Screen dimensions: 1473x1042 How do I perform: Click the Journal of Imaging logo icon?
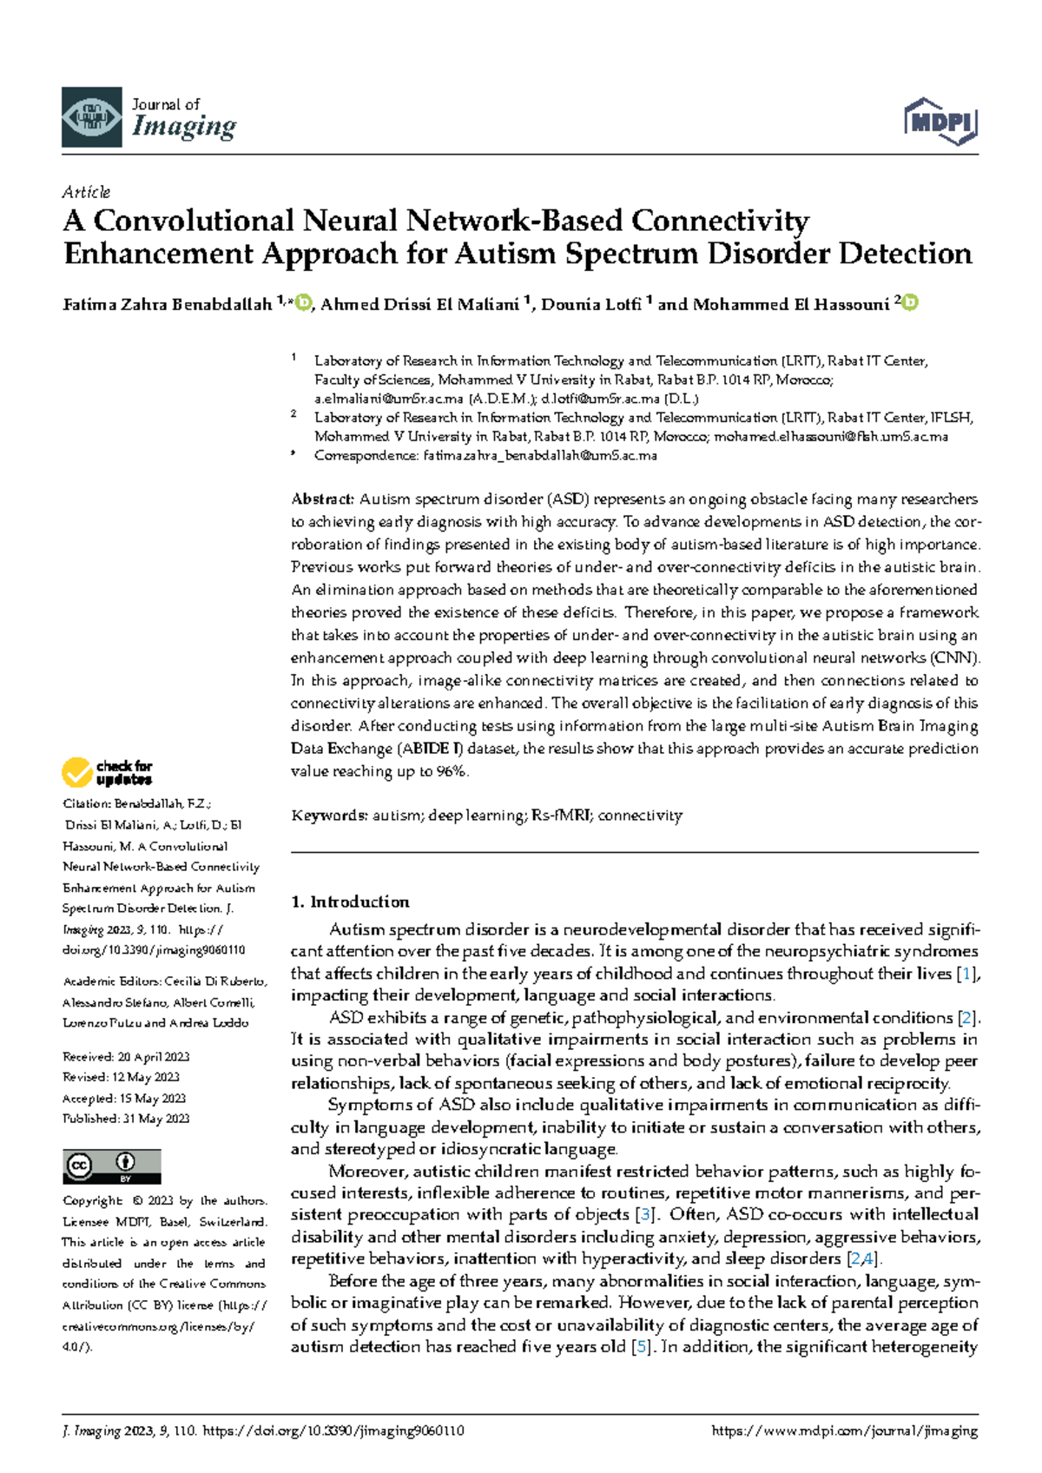pyautogui.click(x=91, y=117)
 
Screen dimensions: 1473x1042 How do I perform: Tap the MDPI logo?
pyautogui.click(x=941, y=121)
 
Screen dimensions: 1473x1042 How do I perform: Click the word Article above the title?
pyautogui.click(x=86, y=192)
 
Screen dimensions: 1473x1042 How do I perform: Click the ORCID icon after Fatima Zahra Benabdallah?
pyautogui.click(x=303, y=303)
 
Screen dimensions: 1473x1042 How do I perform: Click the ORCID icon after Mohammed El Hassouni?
pyautogui.click(x=910, y=303)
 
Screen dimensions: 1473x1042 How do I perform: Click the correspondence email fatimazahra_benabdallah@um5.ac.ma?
pyautogui.click(x=539, y=455)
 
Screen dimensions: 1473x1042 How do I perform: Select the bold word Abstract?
pyautogui.click(x=322, y=499)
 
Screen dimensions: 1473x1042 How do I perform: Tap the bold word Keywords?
pyautogui.click(x=329, y=816)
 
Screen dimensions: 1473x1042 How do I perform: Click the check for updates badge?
pyautogui.click(x=107, y=772)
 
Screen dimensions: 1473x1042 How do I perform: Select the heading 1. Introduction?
pyautogui.click(x=350, y=902)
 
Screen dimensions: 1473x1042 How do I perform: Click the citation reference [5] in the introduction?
pyautogui.click(x=642, y=1347)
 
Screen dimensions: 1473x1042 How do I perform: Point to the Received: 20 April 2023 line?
pyautogui.click(x=126, y=1057)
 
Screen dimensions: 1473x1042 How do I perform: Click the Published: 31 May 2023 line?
pyautogui.click(x=126, y=1119)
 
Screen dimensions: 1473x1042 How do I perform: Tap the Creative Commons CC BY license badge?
pyautogui.click(x=111, y=1166)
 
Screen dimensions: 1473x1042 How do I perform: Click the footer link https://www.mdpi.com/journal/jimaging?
pyautogui.click(x=844, y=1431)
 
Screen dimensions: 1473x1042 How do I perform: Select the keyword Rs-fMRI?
pyautogui.click(x=561, y=816)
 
